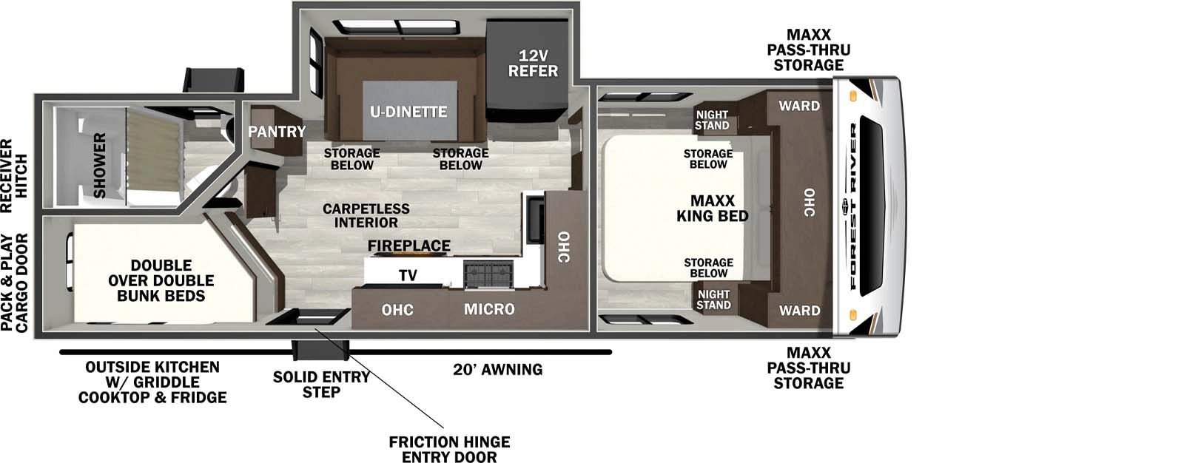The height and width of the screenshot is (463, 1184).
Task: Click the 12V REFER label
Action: tap(533, 64)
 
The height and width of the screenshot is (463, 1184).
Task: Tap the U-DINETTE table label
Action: tap(408, 112)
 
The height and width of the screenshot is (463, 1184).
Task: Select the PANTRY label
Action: tap(277, 132)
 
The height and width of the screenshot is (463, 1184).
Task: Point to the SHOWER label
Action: tap(99, 165)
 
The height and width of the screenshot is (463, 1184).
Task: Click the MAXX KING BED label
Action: tap(712, 209)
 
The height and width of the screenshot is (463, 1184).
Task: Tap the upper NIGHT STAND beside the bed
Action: tap(712, 121)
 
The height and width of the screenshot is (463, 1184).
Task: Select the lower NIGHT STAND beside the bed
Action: tap(713, 300)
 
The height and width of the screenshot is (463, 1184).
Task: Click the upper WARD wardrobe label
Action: tap(798, 106)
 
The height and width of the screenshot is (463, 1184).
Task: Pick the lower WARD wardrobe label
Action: tap(799, 311)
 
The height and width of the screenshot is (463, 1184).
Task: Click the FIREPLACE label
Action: tap(409, 246)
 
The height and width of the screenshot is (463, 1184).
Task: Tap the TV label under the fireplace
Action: tap(408, 275)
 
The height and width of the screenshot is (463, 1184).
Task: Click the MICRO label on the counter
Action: tap(489, 309)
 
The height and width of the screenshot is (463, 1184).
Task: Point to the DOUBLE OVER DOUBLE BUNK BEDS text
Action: tap(161, 280)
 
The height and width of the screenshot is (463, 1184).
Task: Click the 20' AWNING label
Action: tap(497, 369)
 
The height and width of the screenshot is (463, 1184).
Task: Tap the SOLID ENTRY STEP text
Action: tap(321, 384)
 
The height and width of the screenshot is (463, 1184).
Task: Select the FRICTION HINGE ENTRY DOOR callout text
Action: tap(449, 449)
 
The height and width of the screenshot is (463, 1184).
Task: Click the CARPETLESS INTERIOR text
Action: tap(366, 215)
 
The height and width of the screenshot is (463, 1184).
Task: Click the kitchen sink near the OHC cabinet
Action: tap(534, 220)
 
